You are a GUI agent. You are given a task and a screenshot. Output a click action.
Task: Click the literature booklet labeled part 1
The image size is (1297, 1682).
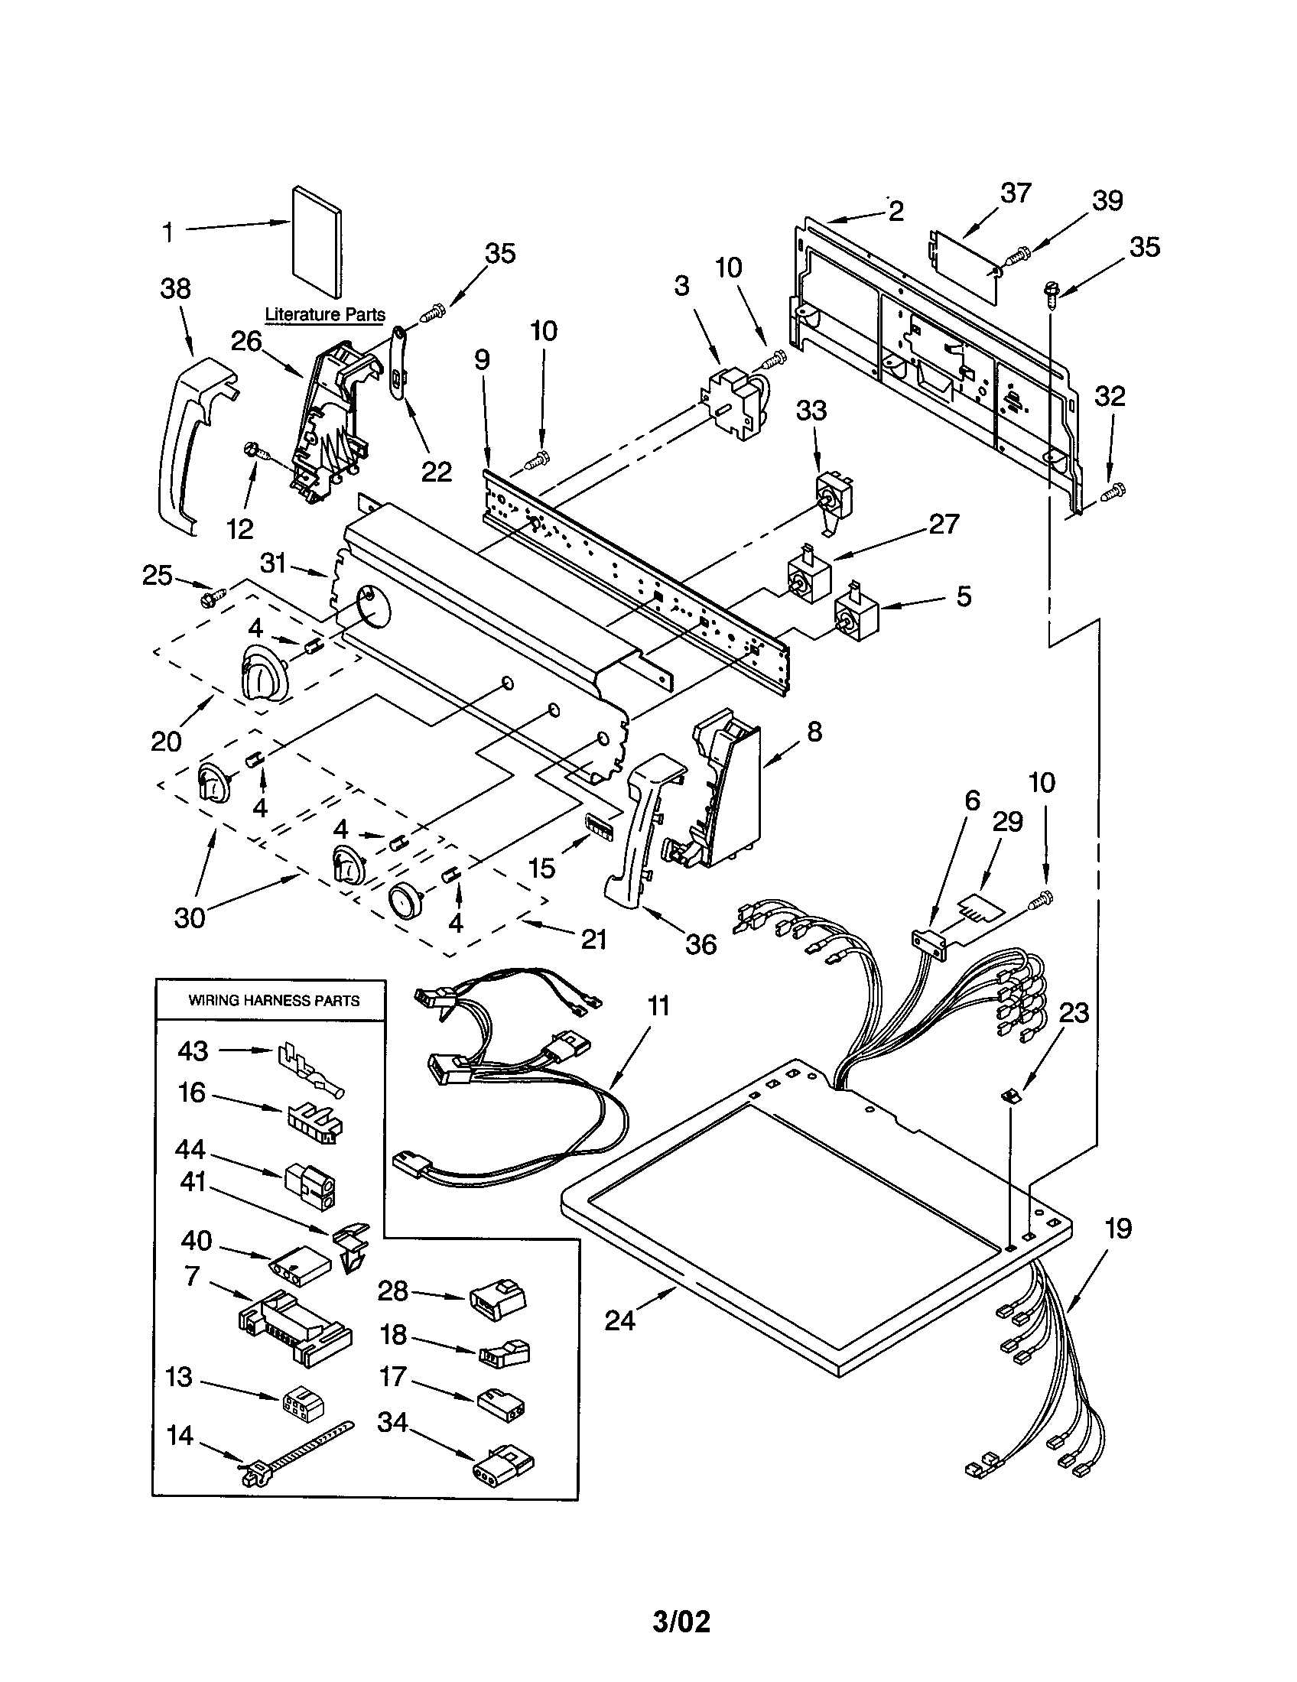point(317,241)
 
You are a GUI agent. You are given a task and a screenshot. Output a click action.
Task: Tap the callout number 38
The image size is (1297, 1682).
point(176,289)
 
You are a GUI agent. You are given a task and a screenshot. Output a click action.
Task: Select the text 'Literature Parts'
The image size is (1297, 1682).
point(325,314)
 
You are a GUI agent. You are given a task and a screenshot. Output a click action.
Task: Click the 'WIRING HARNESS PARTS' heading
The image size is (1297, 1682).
point(275,1001)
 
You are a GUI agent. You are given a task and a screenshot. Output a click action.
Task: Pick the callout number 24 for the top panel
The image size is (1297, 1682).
point(620,1321)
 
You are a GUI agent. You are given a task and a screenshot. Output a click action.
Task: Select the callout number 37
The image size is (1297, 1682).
point(1015,193)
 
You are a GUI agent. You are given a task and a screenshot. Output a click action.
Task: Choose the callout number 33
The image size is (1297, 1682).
point(811,411)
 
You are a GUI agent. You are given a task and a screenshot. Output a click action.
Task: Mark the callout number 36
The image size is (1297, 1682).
point(701,944)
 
